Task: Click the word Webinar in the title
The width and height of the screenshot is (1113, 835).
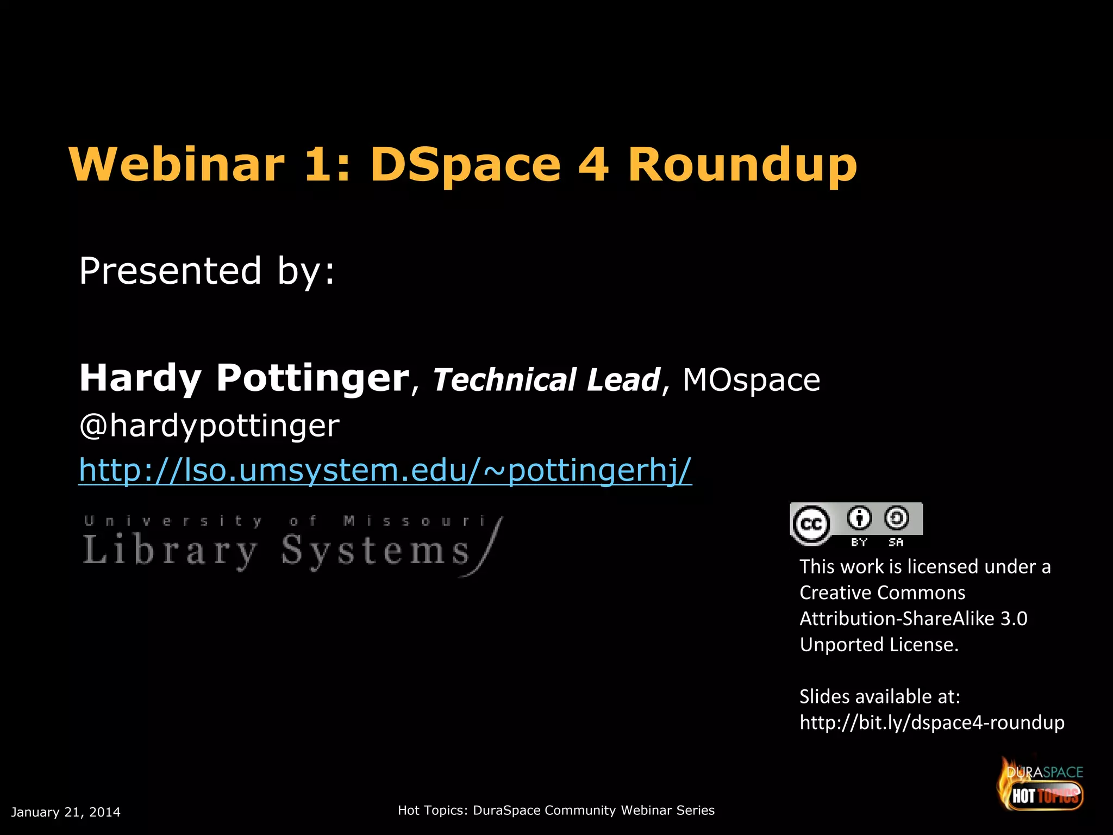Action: [x=177, y=164]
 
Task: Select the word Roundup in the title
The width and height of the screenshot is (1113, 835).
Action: [x=742, y=165]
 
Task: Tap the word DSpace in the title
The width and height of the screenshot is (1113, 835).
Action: [x=465, y=165]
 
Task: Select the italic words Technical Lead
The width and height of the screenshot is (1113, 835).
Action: [x=546, y=379]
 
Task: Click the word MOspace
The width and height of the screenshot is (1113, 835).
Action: [x=751, y=379]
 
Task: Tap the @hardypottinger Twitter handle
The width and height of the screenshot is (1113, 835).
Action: [x=209, y=425]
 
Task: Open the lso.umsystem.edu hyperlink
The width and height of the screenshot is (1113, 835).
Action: [x=385, y=470]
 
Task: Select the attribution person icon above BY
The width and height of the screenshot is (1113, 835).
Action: [x=859, y=518]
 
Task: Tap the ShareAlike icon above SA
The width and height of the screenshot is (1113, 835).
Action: [x=896, y=518]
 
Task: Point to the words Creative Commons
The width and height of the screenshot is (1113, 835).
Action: [x=882, y=593]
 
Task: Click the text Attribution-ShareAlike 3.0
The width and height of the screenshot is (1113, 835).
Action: [x=913, y=619]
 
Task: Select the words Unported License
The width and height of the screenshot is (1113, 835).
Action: [x=879, y=645]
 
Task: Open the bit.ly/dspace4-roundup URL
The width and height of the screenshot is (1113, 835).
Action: [x=931, y=722]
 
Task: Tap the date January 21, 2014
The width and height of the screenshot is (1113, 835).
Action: [x=66, y=812]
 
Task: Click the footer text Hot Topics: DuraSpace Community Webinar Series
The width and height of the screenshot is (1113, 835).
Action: [x=556, y=811]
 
